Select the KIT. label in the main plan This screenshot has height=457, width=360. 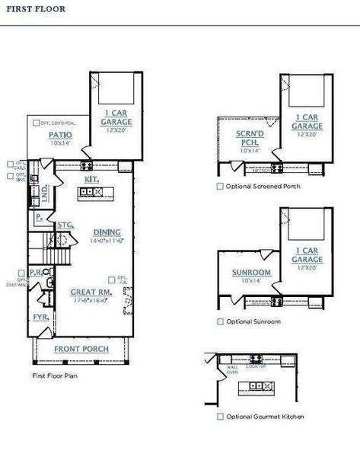click(x=91, y=178)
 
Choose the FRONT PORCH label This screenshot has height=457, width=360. click(x=81, y=349)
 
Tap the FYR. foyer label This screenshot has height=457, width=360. click(x=40, y=315)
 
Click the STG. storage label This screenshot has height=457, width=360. click(x=65, y=225)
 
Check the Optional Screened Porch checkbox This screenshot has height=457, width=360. click(x=220, y=186)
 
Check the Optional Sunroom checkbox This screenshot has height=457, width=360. click(x=220, y=321)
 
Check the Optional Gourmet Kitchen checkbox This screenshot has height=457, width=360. click(x=220, y=417)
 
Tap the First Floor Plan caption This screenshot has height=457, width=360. click(x=56, y=376)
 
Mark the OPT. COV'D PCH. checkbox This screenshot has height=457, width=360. click(x=36, y=122)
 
